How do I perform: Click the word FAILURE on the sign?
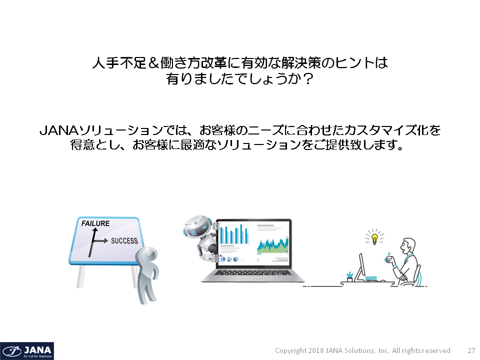pyautogui.click(x=95, y=223)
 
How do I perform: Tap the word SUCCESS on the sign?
pyautogui.click(x=124, y=241)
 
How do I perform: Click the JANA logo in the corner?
pyautogui.click(x=27, y=351)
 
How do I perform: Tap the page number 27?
pyautogui.click(x=471, y=350)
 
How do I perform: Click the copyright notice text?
pyautogui.click(x=362, y=350)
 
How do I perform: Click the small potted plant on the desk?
pyautogui.click(x=349, y=276)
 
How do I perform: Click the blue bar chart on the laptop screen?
pyautogui.click(x=234, y=234)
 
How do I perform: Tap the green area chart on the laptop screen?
pyautogui.click(x=272, y=245)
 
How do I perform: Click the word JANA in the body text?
pyautogui.click(x=59, y=130)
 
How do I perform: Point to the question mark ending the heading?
pyautogui.click(x=307, y=79)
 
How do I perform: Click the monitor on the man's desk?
pyautogui.click(x=361, y=267)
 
